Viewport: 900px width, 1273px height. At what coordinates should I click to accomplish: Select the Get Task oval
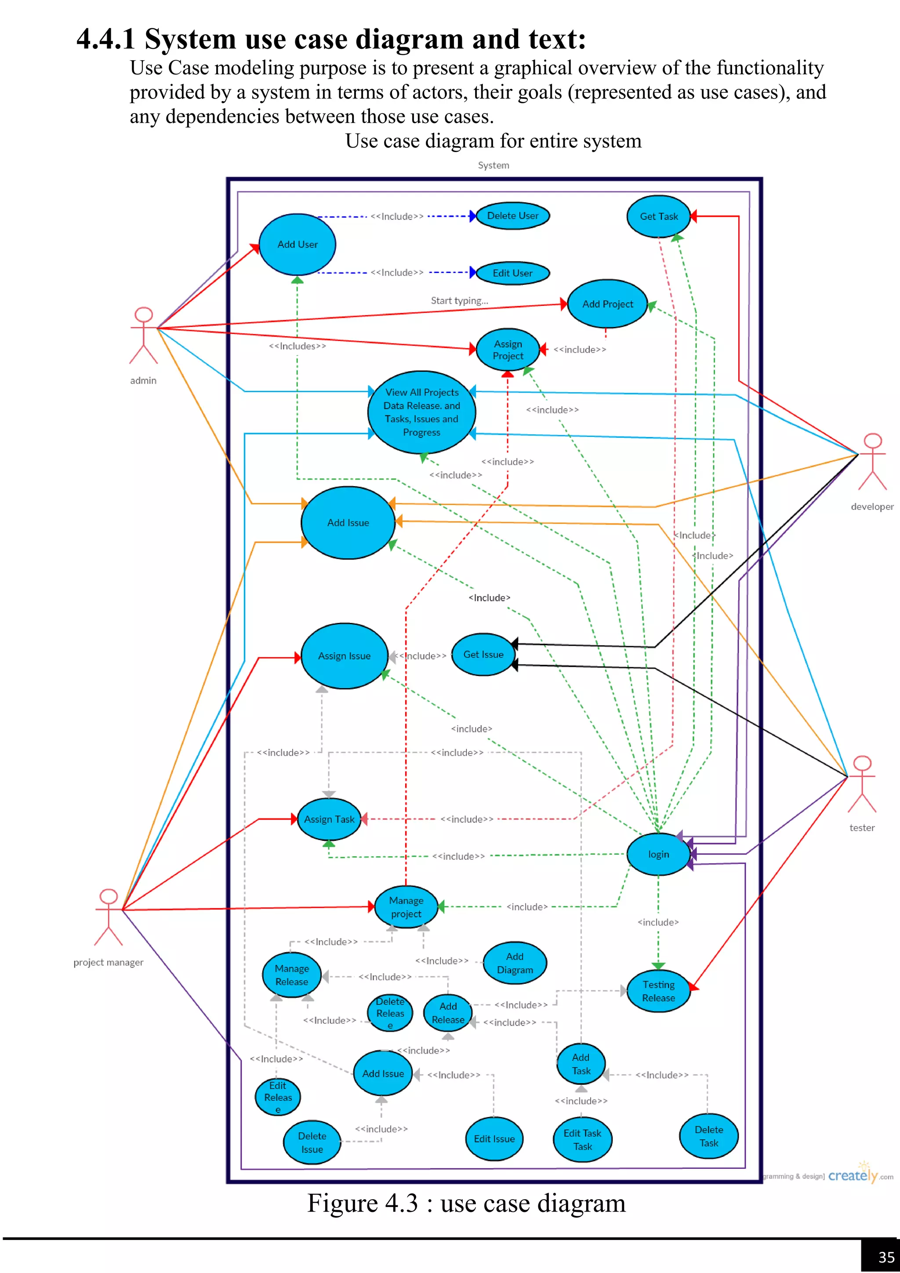pos(658,217)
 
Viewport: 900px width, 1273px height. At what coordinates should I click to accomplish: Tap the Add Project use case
pos(607,304)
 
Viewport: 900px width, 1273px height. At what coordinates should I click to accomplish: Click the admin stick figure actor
pos(144,335)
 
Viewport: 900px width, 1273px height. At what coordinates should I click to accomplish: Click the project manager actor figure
pos(109,917)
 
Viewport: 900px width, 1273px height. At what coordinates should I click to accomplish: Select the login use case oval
pos(658,855)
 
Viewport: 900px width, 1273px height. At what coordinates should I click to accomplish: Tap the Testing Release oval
pos(658,991)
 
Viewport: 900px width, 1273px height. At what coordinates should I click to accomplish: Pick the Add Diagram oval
pos(515,963)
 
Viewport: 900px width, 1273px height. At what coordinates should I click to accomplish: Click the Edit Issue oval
pos(494,1139)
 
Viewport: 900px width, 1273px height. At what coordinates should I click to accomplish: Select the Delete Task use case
pos(708,1136)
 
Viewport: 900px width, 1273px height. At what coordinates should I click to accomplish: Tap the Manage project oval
pos(406,907)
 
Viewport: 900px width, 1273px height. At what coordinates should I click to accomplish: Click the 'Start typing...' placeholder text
pos(459,301)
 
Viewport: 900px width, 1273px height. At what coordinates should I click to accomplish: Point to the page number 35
pos(885,1256)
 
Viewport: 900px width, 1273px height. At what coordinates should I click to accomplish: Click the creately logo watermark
pos(853,1175)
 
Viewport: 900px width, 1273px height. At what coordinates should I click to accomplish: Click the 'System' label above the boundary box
pos(493,165)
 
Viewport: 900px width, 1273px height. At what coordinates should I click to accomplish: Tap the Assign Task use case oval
pos(329,819)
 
